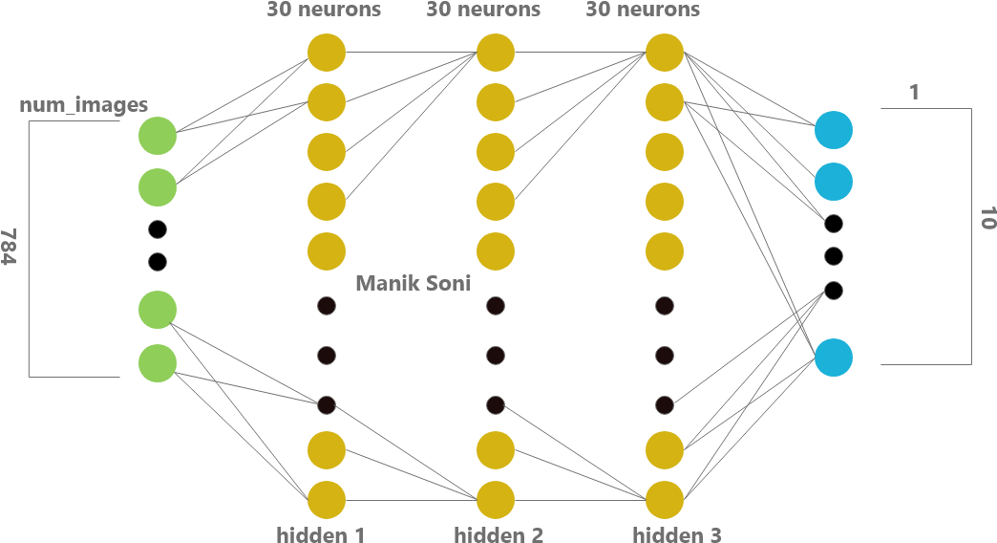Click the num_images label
coord(83,105)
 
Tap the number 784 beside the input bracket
coord(9,247)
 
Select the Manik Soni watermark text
coord(414,283)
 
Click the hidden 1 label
coord(321,534)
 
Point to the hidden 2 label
coord(498,534)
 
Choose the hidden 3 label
coord(677,534)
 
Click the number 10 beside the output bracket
coord(987,218)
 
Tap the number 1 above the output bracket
coord(914,93)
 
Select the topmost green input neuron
coord(158,136)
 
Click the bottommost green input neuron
coord(158,363)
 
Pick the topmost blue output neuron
coord(834,130)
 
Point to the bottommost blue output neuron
coord(834,358)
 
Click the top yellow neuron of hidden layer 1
coord(327,53)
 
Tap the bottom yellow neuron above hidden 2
coord(496,500)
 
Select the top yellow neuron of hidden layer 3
coord(665,53)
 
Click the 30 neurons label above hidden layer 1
coord(325,9)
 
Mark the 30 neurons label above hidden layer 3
coord(643,9)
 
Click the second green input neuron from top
coord(158,187)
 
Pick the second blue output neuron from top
coord(834,182)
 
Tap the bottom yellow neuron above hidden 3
coord(665,500)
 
